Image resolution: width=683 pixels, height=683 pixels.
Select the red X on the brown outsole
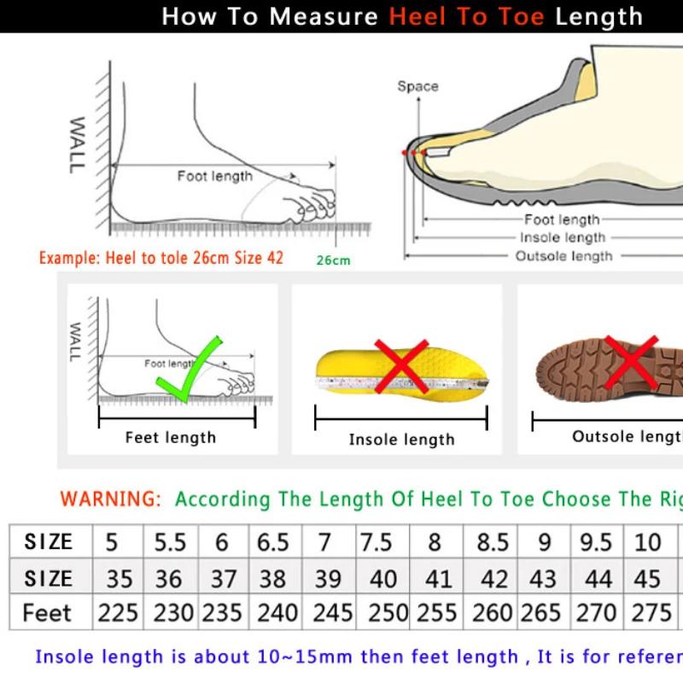630,362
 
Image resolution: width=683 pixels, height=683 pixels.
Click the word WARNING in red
110,499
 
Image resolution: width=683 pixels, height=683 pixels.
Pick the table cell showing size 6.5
273,542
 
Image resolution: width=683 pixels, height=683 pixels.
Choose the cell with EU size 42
493,578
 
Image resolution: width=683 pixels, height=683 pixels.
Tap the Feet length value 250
382,613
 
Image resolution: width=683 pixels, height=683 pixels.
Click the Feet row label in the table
48,613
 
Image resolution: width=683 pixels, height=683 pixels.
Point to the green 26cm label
333,260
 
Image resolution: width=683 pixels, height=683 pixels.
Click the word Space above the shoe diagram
417,86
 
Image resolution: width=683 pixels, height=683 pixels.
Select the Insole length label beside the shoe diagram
563,237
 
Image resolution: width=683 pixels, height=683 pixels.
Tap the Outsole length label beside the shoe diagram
563,255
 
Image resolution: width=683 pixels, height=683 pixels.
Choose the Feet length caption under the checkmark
171,437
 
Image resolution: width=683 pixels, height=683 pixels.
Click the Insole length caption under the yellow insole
401,440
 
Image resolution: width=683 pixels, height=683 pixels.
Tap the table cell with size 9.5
597,542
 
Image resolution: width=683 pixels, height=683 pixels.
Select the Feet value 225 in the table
118,613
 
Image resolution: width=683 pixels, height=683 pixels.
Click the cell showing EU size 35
119,578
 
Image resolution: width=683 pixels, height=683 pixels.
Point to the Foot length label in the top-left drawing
215,176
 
